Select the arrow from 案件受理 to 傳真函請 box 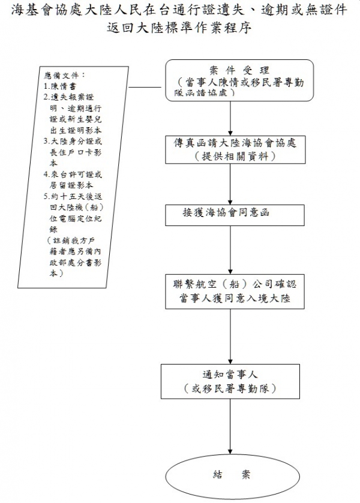pyautogui.click(x=231, y=118)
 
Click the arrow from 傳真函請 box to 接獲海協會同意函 pyautogui.click(x=231, y=185)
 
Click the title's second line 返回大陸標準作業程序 pyautogui.click(x=179, y=28)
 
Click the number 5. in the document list pyautogui.click(x=47, y=196)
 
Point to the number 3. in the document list pyautogui.click(x=47, y=141)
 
